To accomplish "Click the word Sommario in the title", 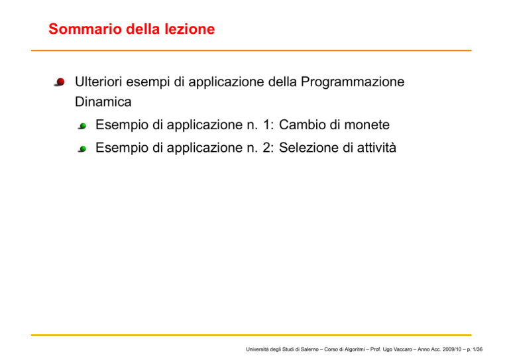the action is tap(85, 29).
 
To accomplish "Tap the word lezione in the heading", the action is tap(190, 29).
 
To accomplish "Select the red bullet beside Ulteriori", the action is tap(60, 82).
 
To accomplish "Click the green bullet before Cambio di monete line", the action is tap(82, 126).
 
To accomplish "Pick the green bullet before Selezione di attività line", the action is tap(82, 149).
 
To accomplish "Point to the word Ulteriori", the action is tap(98, 82).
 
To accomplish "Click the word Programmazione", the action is tap(353, 82).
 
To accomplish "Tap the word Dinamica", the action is tap(103, 102).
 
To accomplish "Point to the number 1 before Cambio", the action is tap(266, 125).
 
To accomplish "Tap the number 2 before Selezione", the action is tap(266, 148).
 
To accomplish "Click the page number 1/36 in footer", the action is tap(477, 349).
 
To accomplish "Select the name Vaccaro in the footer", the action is tap(403, 349).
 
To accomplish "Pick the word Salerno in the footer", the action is tap(310, 349).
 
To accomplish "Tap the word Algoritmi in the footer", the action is tap(353, 350).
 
